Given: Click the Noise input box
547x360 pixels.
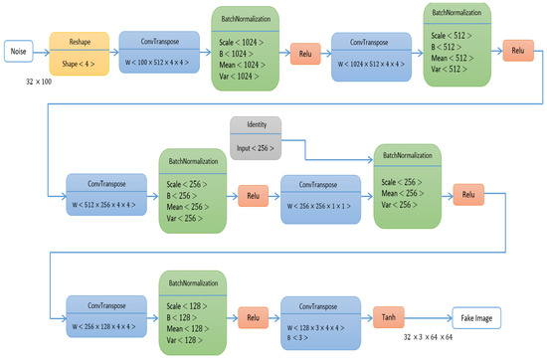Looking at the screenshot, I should tap(19, 51).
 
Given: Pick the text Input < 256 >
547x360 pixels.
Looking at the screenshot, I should tap(257, 148).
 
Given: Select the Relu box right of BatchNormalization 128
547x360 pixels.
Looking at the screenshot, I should tap(251, 318).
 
